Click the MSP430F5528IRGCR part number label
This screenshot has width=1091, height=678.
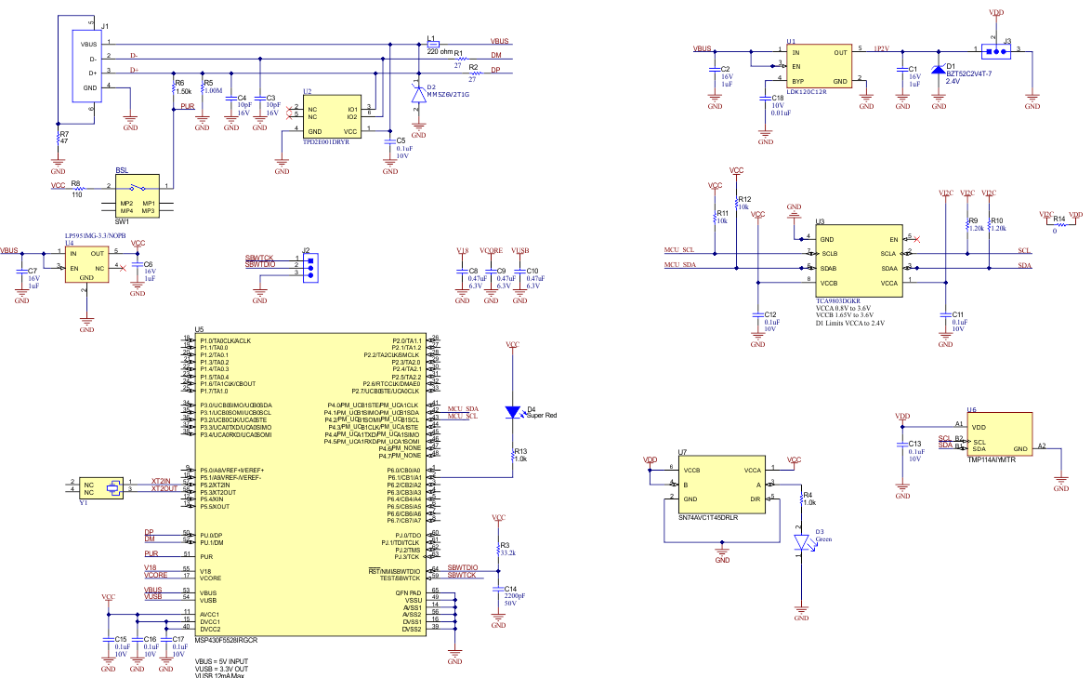click(x=226, y=640)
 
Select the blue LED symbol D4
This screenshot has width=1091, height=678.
click(x=512, y=411)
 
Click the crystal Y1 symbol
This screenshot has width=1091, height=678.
click(x=113, y=485)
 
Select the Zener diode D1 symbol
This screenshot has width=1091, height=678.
click(x=939, y=70)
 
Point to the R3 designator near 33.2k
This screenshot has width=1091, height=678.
click(x=506, y=545)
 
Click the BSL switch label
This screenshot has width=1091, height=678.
click(x=123, y=170)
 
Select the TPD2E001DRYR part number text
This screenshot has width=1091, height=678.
click(x=325, y=143)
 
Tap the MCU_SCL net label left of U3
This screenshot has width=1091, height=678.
click(x=678, y=249)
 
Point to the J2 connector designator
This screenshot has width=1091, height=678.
click(x=306, y=249)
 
